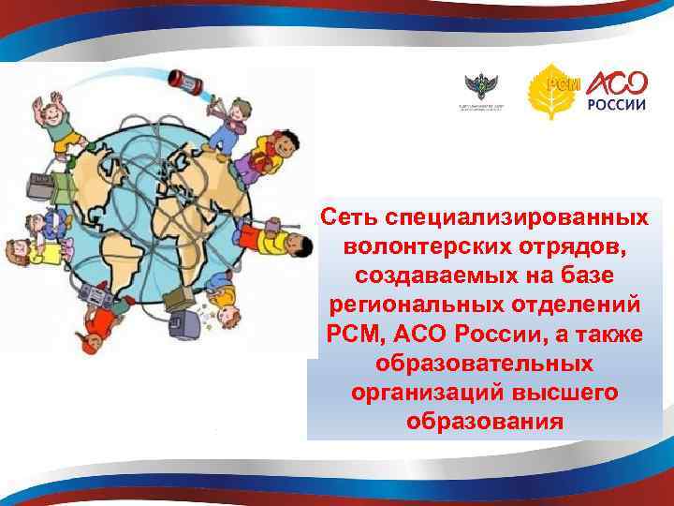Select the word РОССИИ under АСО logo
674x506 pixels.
coord(617,105)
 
